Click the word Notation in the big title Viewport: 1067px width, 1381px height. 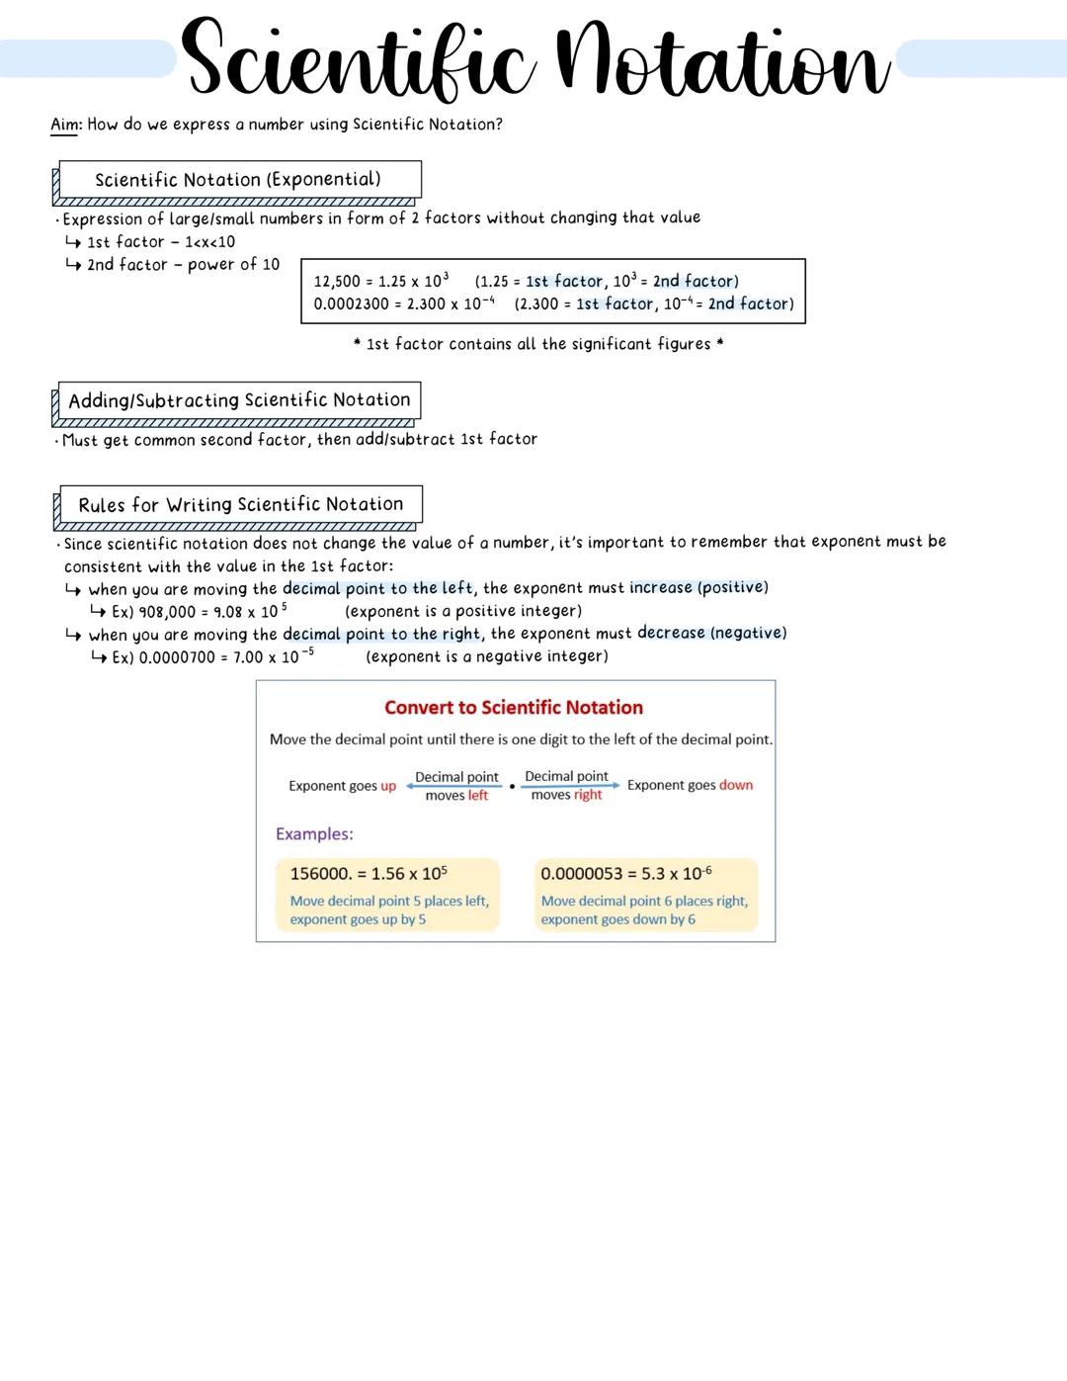(722, 61)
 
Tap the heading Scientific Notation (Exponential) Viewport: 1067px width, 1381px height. (238, 180)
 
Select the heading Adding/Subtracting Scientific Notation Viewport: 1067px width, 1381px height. (239, 400)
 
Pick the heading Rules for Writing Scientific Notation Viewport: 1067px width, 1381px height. (241, 505)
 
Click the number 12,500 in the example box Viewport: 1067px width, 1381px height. (337, 282)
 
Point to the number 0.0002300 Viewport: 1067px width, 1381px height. (352, 304)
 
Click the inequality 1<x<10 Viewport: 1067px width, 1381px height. (209, 242)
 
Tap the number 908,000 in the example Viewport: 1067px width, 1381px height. (167, 612)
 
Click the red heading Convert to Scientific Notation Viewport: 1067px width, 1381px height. (514, 708)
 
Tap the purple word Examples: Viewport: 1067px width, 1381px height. (314, 834)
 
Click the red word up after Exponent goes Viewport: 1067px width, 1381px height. (388, 786)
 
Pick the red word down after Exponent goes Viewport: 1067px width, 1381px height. (736, 785)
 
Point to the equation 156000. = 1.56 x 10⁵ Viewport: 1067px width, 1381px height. (369, 874)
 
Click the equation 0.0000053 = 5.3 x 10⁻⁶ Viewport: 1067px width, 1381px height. (626, 874)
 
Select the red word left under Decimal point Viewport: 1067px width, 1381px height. (478, 796)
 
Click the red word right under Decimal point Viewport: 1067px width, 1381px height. (588, 795)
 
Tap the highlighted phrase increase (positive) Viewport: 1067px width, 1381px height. (698, 588)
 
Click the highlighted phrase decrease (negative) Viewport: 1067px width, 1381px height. (711, 634)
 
